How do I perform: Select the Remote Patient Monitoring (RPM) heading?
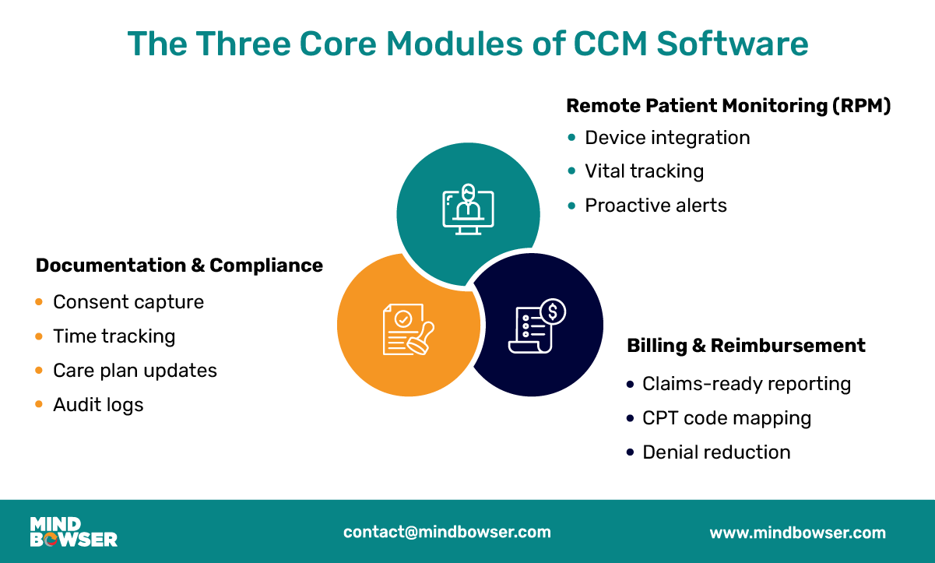tap(728, 106)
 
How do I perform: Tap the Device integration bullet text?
tap(667, 138)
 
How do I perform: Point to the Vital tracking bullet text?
tap(644, 171)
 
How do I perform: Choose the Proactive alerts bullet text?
tap(656, 206)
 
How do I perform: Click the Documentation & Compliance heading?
tap(179, 266)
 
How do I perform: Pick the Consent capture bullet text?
tap(128, 302)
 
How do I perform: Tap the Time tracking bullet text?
tap(114, 336)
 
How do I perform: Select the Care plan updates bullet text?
tap(135, 371)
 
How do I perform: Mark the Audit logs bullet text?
tap(98, 405)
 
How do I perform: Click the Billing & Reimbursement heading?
tap(746, 346)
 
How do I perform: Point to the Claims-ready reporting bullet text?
tap(746, 384)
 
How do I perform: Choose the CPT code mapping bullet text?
tap(726, 418)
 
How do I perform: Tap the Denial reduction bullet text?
tap(716, 452)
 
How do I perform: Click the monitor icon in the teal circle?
tap(468, 209)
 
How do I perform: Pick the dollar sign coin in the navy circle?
tap(553, 312)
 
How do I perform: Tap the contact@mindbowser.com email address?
tap(447, 533)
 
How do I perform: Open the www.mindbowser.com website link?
tap(797, 533)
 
